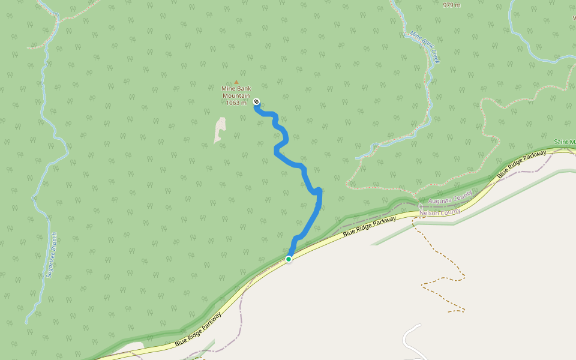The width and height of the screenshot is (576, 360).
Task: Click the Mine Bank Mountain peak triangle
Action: click(x=236, y=82)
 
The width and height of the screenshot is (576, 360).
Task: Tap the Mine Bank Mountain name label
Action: click(x=236, y=92)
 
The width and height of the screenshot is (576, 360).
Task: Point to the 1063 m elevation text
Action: click(x=236, y=103)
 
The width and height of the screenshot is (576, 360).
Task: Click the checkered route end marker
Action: click(x=256, y=101)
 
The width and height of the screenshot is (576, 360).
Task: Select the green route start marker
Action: click(x=289, y=259)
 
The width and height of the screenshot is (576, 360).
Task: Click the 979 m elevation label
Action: click(x=452, y=5)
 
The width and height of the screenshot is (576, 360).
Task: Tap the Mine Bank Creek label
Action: click(x=425, y=48)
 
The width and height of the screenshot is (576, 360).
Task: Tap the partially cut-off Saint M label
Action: click(x=565, y=142)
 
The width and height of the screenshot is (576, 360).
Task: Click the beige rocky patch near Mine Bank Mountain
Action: click(x=220, y=130)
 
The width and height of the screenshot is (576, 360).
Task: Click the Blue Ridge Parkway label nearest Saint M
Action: click(x=522, y=164)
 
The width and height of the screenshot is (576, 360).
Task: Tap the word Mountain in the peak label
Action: click(x=236, y=95)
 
